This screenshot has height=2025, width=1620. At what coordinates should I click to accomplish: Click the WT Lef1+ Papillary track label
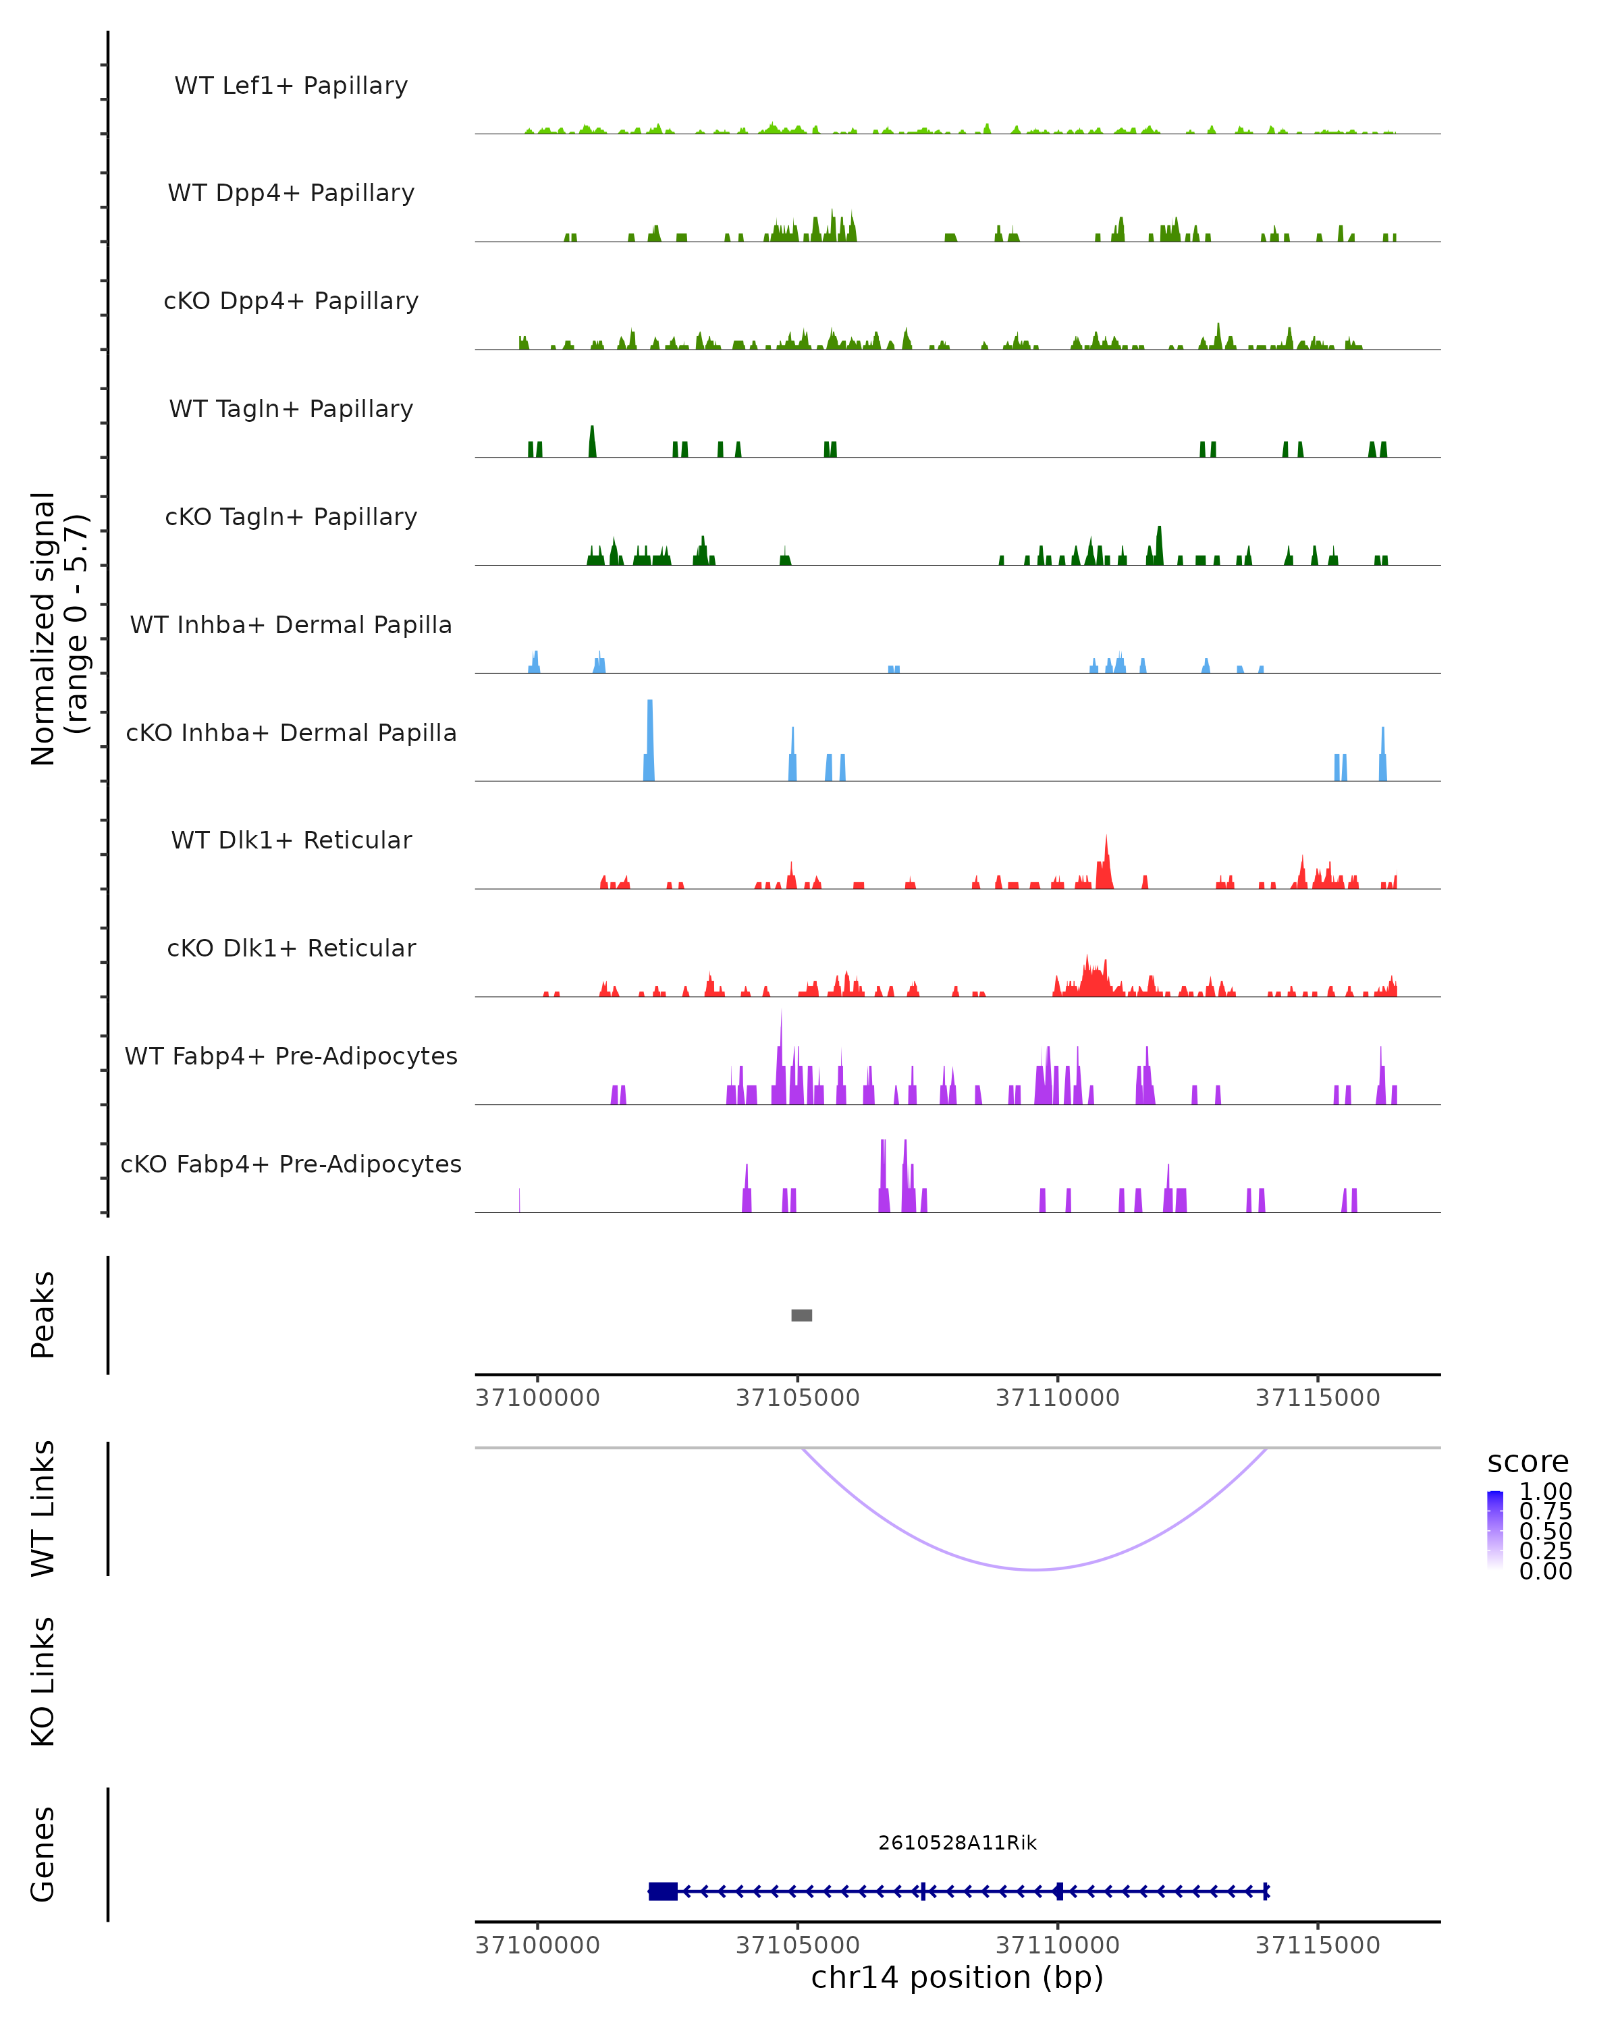(x=291, y=86)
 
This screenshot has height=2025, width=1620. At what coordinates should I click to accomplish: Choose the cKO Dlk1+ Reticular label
(x=291, y=948)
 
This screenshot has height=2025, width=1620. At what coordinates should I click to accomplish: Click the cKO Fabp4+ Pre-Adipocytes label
(x=291, y=1164)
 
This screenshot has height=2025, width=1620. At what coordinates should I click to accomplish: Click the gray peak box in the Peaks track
(x=801, y=1315)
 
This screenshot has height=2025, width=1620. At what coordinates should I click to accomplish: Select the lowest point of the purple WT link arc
(x=1034, y=1569)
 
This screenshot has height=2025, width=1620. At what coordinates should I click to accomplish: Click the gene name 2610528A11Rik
(x=957, y=1843)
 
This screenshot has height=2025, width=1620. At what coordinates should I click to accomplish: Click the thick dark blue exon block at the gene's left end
(x=663, y=1891)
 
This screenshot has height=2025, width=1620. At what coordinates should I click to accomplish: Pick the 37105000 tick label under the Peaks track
(x=797, y=1398)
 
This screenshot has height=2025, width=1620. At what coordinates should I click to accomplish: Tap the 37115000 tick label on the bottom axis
(x=1318, y=1945)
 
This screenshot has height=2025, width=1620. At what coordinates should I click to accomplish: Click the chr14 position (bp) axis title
(x=957, y=1978)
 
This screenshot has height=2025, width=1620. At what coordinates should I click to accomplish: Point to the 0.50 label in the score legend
(x=1545, y=1531)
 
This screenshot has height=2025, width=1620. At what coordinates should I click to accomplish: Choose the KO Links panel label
(x=43, y=1681)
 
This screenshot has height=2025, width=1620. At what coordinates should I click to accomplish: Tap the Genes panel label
(x=43, y=1854)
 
